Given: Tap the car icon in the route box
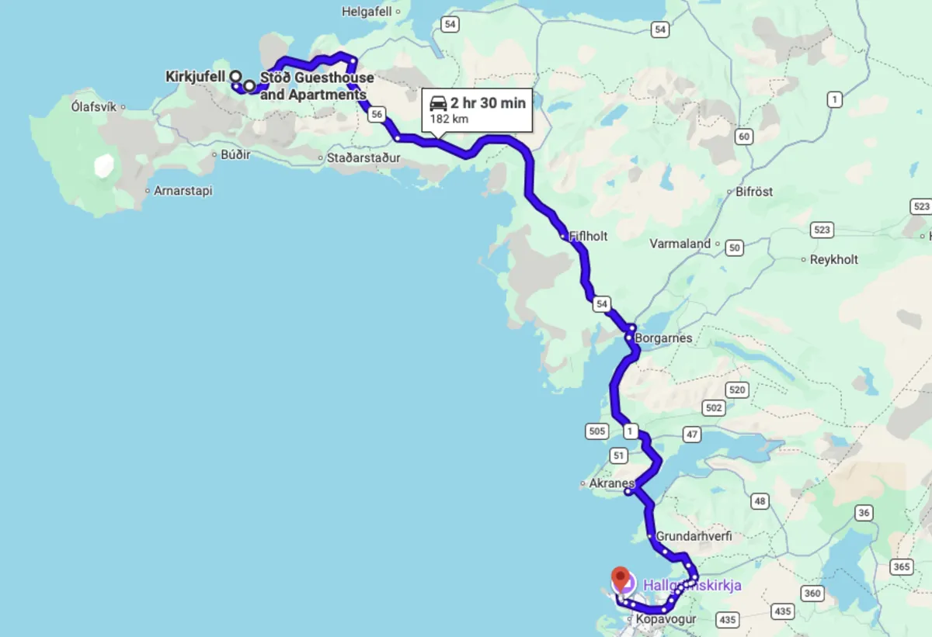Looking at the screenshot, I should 438,103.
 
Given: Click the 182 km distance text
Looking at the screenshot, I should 449,119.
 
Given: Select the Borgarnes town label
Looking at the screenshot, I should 662,338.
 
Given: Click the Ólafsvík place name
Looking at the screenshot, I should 93,106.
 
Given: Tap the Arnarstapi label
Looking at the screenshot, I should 183,190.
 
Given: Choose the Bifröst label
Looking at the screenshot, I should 754,191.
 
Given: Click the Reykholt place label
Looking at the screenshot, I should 833,259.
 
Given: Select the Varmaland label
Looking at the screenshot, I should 680,244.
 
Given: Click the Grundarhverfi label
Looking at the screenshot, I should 694,536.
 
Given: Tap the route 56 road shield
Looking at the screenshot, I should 377,114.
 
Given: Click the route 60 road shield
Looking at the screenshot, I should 744,137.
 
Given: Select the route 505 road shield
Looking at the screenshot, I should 596,431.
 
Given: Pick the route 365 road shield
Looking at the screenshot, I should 901,567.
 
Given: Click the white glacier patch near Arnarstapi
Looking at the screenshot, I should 103,166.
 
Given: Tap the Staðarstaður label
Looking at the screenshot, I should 363,158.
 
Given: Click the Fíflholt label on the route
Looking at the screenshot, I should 588,236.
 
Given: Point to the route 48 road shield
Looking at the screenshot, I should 760,501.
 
